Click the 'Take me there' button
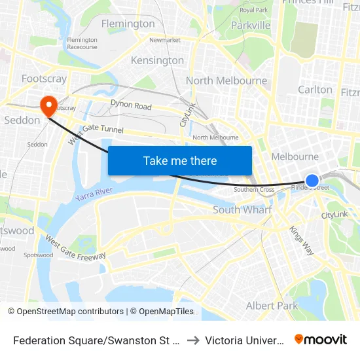(180, 160)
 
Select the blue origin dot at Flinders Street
(312, 180)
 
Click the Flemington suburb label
(128, 24)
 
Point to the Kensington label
(157, 60)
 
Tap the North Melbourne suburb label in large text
(226, 81)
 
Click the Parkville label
(251, 25)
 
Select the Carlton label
(315, 90)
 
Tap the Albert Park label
(272, 306)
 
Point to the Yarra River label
(95, 193)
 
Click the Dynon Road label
(131, 106)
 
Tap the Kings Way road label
(302, 240)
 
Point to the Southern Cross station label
(254, 190)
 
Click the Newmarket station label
(165, 40)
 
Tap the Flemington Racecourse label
(82, 43)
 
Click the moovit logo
(321, 339)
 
